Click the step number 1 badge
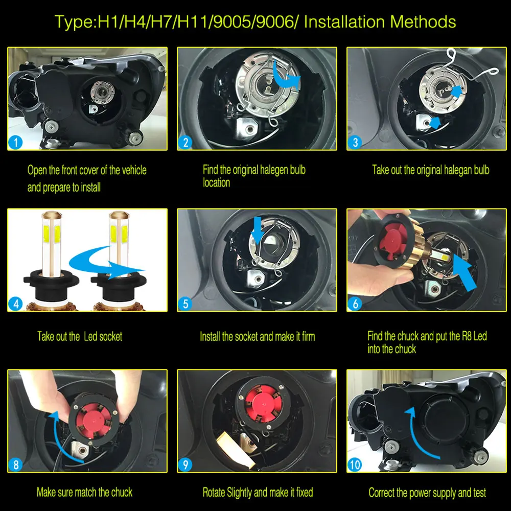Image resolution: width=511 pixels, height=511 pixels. click(15, 143)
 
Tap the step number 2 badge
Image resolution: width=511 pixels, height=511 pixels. click(185, 143)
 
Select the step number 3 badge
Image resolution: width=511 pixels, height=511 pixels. click(355, 143)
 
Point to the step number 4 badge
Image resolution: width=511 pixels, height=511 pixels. click(15, 304)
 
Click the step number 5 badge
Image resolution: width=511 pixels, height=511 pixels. click(185, 304)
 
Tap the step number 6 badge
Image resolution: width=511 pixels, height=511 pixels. click(355, 304)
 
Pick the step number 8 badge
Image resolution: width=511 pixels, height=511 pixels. click(15, 464)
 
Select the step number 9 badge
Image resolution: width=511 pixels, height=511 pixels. click(185, 464)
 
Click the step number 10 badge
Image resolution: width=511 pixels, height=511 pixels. click(355, 464)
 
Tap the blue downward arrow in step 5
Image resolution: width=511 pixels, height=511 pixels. click(258, 230)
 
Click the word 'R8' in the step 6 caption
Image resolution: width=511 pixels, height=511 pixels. click(467, 336)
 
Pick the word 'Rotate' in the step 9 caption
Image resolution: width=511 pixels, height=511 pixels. click(214, 492)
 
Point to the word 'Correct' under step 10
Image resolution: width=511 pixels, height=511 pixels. click(381, 493)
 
